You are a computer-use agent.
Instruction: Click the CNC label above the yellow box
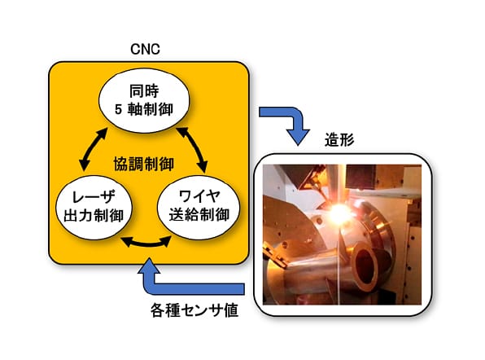pyautogui.click(x=145, y=49)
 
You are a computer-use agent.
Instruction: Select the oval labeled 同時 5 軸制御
pyautogui.click(x=144, y=101)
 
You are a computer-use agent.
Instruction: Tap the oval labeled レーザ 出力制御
pyautogui.click(x=94, y=208)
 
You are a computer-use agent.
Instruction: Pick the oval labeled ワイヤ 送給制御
pyautogui.click(x=199, y=207)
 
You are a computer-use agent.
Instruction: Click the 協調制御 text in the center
pyautogui.click(x=144, y=164)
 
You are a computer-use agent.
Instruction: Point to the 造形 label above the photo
pyautogui.click(x=339, y=140)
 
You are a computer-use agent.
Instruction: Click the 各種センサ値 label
pyautogui.click(x=194, y=310)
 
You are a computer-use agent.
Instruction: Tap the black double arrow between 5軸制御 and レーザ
pyautogui.click(x=93, y=149)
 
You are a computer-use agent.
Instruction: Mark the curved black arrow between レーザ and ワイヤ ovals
pyautogui.click(x=146, y=244)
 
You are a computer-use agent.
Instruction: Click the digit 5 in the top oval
pyautogui.click(x=118, y=110)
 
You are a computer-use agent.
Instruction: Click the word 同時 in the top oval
pyautogui.click(x=144, y=91)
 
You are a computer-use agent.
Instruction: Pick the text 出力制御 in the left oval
pyautogui.click(x=94, y=216)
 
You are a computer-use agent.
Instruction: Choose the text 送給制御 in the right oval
pyautogui.click(x=199, y=214)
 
